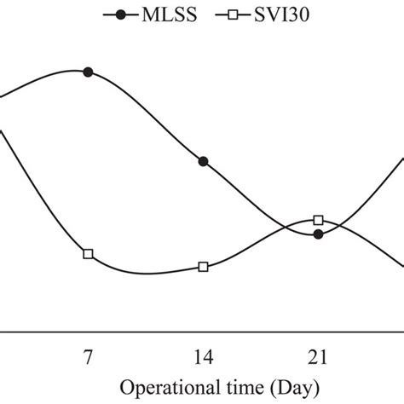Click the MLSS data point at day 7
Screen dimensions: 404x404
(88, 72)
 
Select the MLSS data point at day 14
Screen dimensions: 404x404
(203, 162)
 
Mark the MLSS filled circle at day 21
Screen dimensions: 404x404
(318, 234)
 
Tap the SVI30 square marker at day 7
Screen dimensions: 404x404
(88, 254)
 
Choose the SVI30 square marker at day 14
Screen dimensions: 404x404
(203, 267)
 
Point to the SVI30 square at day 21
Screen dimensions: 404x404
(318, 220)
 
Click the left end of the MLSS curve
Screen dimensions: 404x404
(2, 97)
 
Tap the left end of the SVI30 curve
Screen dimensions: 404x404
(2, 130)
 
